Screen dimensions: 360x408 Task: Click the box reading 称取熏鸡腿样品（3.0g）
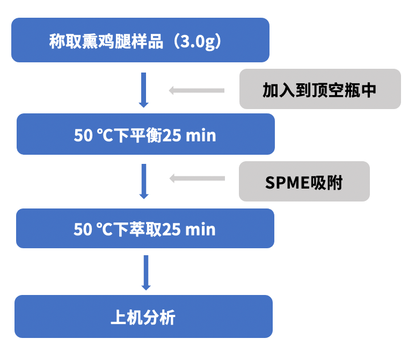(140, 40)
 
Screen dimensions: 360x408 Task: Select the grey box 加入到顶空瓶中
(320, 89)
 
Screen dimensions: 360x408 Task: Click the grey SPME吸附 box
(304, 182)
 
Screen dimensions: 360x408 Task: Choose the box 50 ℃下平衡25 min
(145, 134)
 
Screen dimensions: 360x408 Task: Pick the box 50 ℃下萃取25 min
(145, 229)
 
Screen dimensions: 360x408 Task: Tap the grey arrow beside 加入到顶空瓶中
(196, 90)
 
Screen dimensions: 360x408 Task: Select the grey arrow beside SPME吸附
(196, 178)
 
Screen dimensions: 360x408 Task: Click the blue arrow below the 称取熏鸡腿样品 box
(143, 89)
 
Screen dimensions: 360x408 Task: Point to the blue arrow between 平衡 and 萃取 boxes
(143, 181)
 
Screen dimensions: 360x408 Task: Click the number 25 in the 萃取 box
(171, 229)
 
